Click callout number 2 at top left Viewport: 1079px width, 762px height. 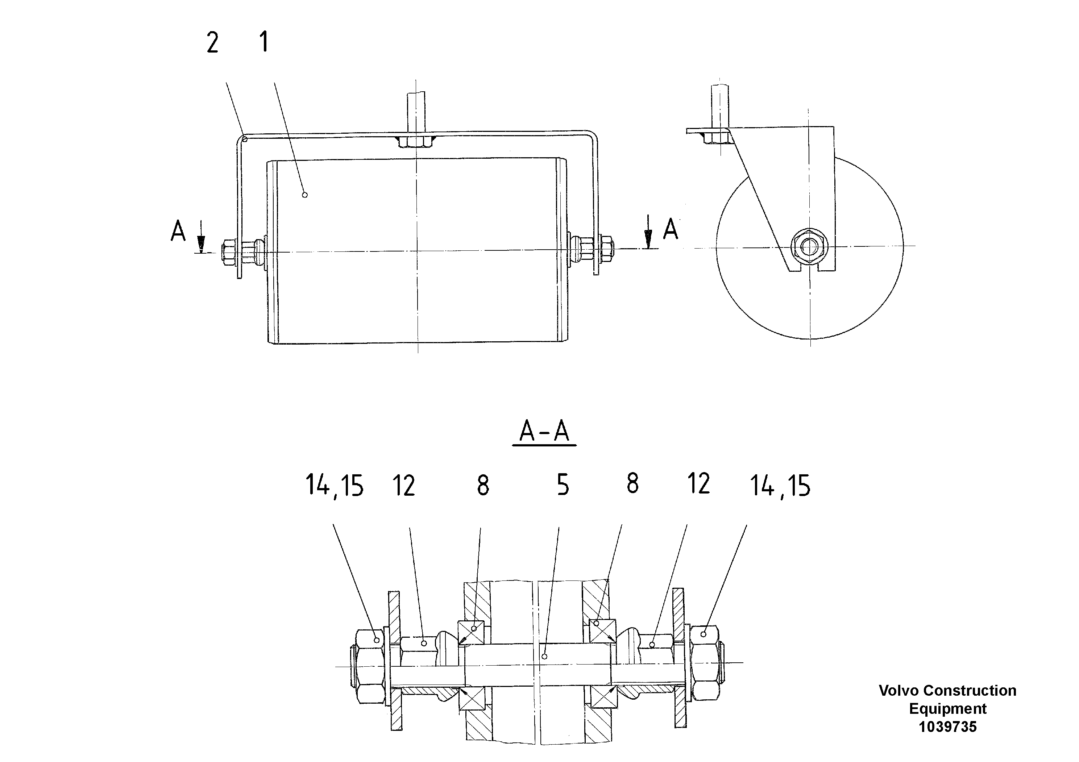tap(212, 43)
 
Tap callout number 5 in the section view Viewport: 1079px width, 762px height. tap(563, 485)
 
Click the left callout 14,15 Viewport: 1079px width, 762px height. tap(335, 486)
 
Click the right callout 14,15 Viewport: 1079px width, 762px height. tap(780, 486)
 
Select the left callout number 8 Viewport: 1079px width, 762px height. tap(483, 486)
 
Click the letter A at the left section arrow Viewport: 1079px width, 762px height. tap(178, 231)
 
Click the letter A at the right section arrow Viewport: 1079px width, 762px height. tap(671, 229)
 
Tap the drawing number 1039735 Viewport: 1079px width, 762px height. tap(947, 727)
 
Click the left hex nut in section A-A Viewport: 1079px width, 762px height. tap(369, 667)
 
